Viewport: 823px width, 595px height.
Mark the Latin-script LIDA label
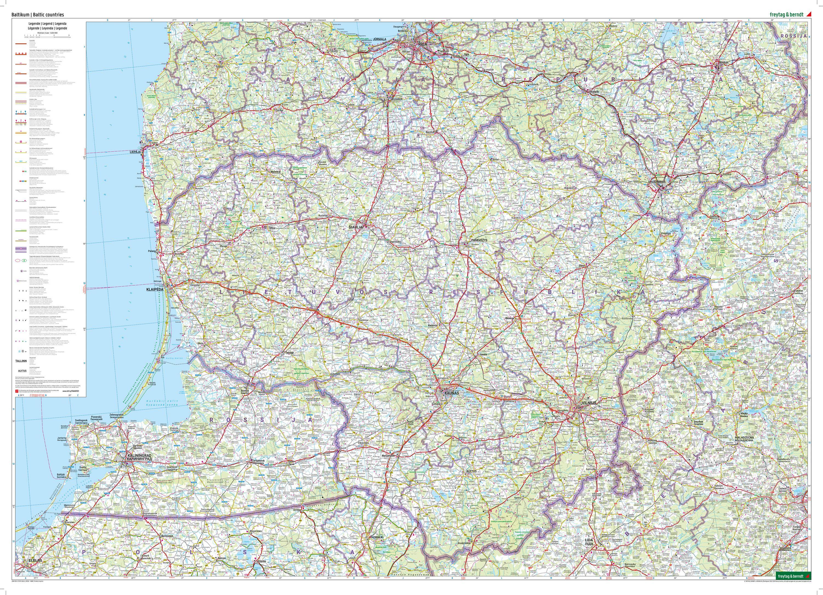coord(589,540)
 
